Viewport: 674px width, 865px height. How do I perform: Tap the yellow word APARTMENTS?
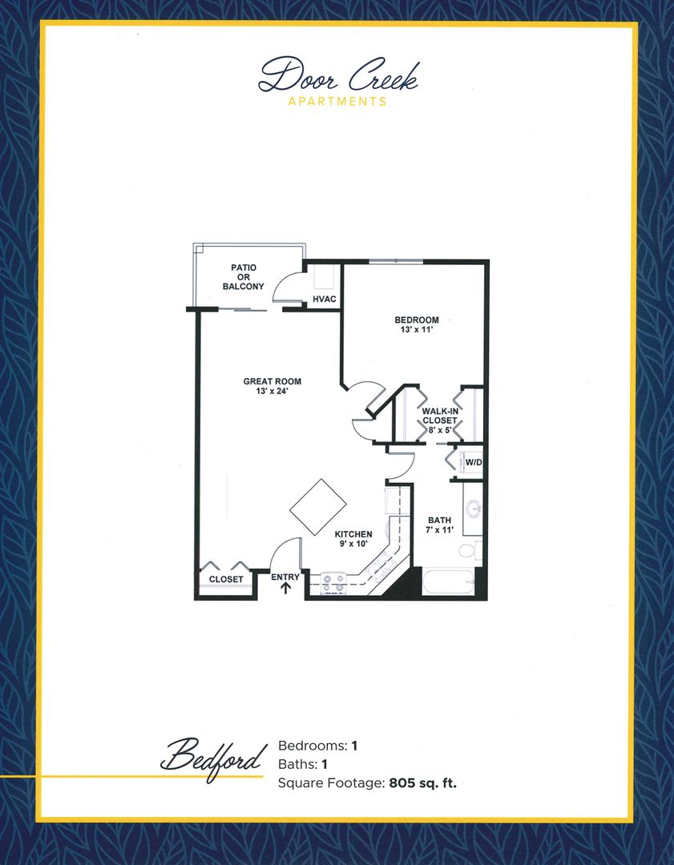[x=337, y=102]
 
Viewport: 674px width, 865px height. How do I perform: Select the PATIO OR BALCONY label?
[x=248, y=276]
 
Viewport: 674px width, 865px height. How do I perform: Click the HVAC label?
[x=323, y=300]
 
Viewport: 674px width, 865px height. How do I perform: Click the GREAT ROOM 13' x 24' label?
[x=272, y=387]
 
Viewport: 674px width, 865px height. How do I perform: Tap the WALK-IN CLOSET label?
[x=439, y=420]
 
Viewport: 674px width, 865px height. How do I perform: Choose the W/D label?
[x=474, y=462]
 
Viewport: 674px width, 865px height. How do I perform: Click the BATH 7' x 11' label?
[x=439, y=525]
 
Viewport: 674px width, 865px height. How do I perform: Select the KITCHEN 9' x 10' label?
[x=353, y=539]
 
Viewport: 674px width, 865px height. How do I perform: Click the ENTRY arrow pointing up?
[x=285, y=589]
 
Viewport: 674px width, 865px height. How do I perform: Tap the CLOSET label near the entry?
[x=226, y=579]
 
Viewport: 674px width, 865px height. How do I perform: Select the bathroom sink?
[x=474, y=508]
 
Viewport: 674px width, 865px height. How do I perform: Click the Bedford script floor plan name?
[x=213, y=755]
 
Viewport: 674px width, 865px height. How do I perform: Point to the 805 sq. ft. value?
[x=422, y=783]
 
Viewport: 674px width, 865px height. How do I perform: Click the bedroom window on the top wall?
[x=395, y=260]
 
